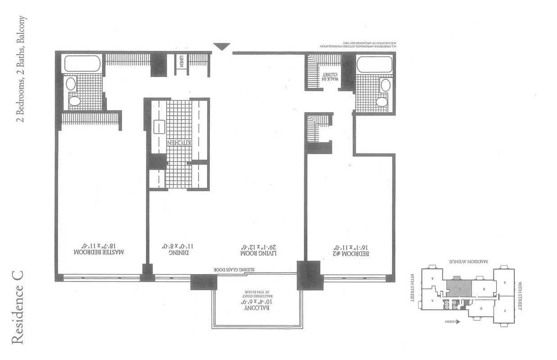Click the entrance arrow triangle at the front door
[x=222, y=46]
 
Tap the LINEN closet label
[x=181, y=61]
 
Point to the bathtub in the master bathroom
[x=82, y=63]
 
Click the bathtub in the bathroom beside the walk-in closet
[x=375, y=64]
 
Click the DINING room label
[x=172, y=249]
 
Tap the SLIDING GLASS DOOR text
[x=230, y=270]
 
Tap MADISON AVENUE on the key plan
[x=466, y=261]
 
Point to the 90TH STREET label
[x=521, y=295]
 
